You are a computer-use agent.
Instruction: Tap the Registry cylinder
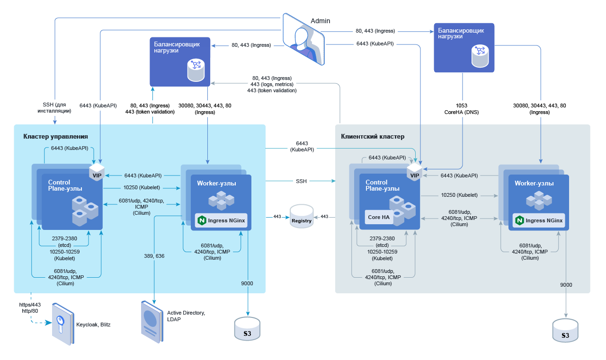click(x=302, y=217)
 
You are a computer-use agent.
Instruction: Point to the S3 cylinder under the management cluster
click(x=247, y=328)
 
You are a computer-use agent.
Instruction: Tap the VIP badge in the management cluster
click(x=97, y=173)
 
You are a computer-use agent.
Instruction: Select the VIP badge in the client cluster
click(x=415, y=173)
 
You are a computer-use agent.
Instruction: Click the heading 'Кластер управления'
click(x=55, y=137)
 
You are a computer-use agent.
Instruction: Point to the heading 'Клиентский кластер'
click(x=373, y=137)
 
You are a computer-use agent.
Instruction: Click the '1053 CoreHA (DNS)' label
click(x=462, y=109)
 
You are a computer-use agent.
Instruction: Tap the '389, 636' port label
click(x=154, y=256)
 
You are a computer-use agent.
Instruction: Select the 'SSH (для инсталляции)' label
click(x=54, y=108)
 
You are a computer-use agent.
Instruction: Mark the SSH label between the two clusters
click(x=301, y=181)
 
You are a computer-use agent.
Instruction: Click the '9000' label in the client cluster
click(x=566, y=285)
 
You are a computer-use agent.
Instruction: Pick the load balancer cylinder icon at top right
click(x=481, y=56)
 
